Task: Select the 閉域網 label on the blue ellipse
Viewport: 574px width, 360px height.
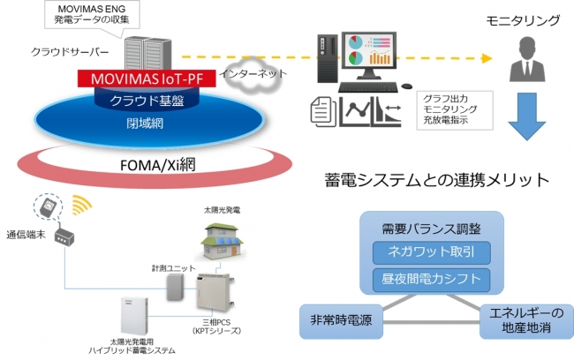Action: pyautogui.click(x=144, y=124)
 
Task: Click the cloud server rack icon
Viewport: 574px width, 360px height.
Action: pyautogui.click(x=141, y=52)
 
